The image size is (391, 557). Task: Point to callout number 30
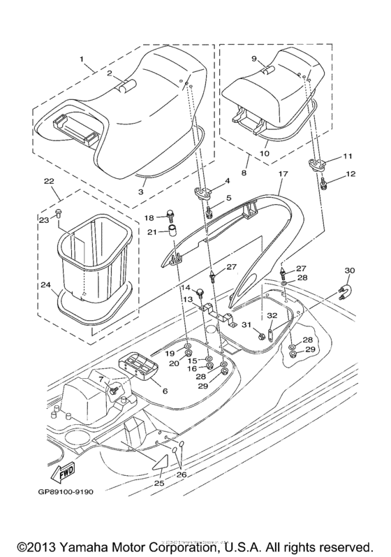tap(350, 270)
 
